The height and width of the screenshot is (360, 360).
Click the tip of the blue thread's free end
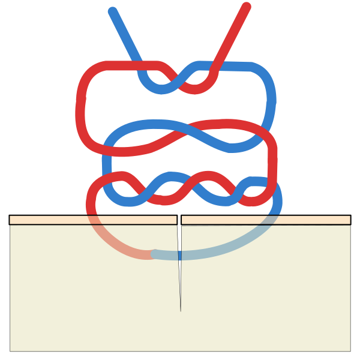click(112, 11)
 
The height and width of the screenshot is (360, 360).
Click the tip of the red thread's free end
click(246, 7)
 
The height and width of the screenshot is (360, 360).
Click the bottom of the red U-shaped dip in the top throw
click(196, 89)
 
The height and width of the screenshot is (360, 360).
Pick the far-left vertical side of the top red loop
click(80, 108)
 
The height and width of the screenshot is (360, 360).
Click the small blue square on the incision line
click(179, 256)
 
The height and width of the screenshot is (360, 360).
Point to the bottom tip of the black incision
click(181, 311)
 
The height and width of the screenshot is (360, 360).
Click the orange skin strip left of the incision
click(48, 220)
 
